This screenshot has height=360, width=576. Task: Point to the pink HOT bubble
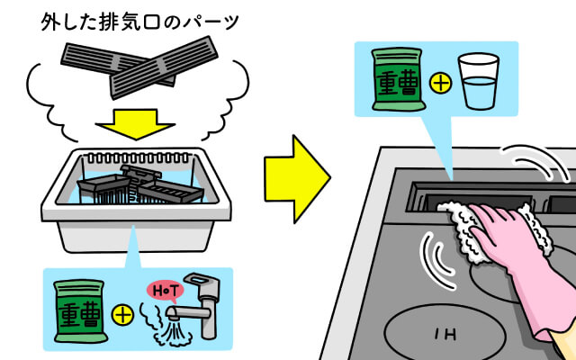[x=164, y=291]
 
